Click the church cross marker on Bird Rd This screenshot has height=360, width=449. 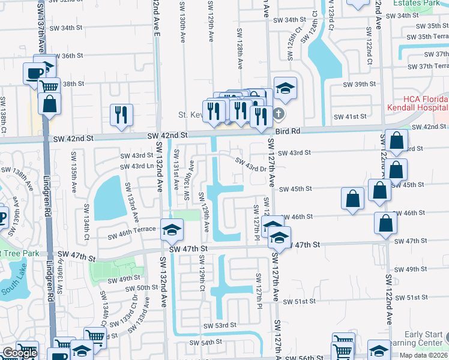(x=278, y=113)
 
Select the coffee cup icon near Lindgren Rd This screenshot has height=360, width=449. (x=32, y=74)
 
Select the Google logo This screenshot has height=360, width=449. (x=20, y=353)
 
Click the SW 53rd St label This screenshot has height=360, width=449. (x=221, y=325)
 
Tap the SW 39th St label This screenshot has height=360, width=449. (x=359, y=84)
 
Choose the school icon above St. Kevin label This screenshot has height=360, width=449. (x=286, y=88)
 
